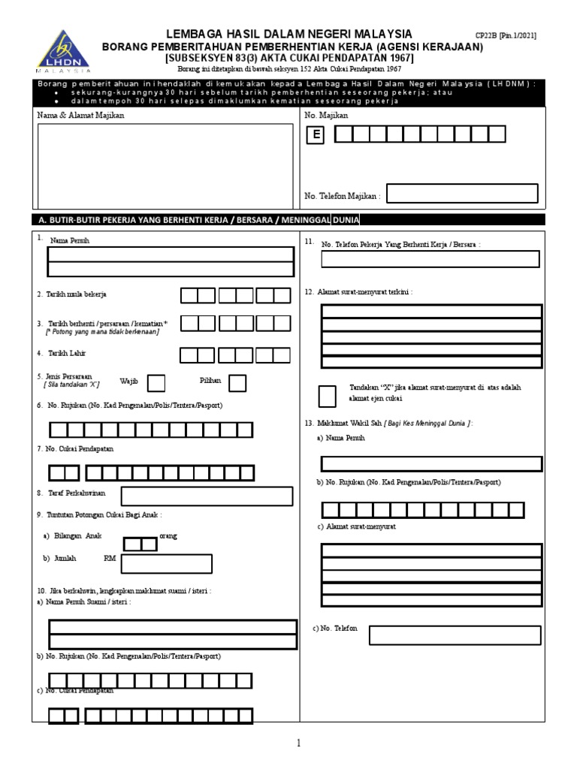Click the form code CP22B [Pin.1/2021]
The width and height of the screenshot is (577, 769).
coord(506,35)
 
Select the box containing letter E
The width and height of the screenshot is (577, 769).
coord(317,134)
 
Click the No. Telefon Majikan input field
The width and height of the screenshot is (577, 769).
coord(462,194)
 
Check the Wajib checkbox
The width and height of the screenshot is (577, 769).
coord(156,383)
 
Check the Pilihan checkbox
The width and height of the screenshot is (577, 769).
coord(237,383)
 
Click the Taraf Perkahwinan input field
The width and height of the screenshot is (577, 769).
coord(207,496)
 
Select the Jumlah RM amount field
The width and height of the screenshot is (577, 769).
coord(166,563)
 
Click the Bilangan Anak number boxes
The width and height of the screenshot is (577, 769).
coord(140,544)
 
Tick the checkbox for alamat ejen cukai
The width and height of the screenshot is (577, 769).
coord(328,395)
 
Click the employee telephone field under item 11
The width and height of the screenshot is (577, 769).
coord(430,259)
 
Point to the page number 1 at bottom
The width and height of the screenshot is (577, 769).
coord(298,743)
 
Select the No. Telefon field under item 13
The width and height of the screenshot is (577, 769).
coord(455,635)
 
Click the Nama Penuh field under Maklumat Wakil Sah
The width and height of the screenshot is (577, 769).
coord(431,463)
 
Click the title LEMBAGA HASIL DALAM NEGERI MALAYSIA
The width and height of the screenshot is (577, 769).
coord(288,34)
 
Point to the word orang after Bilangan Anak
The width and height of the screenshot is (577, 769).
coord(169,536)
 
